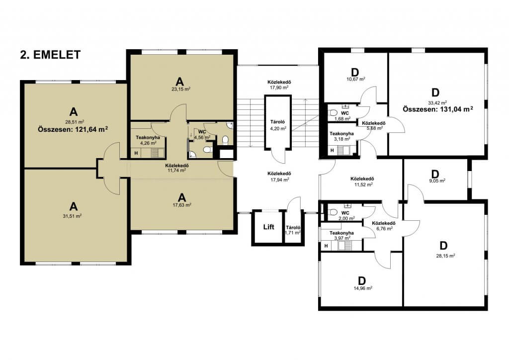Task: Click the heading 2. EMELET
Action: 50,55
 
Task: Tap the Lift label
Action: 268,227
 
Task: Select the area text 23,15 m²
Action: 181,89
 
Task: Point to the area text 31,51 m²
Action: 72,216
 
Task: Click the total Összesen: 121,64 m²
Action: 73,129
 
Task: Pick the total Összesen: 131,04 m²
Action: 438,109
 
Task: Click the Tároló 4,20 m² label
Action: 278,125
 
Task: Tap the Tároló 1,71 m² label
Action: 293,230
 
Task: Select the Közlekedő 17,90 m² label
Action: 279,85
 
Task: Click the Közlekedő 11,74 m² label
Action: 177,168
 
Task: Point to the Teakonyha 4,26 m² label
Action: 148,140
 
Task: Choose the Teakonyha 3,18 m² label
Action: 341,136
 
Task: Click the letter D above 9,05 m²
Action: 435,174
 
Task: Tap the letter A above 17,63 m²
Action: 182,197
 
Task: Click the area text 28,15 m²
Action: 445,256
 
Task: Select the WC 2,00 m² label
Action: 346,215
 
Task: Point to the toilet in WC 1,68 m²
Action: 333,113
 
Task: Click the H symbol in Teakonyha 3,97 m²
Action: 326,246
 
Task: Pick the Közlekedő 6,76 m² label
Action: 383,226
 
